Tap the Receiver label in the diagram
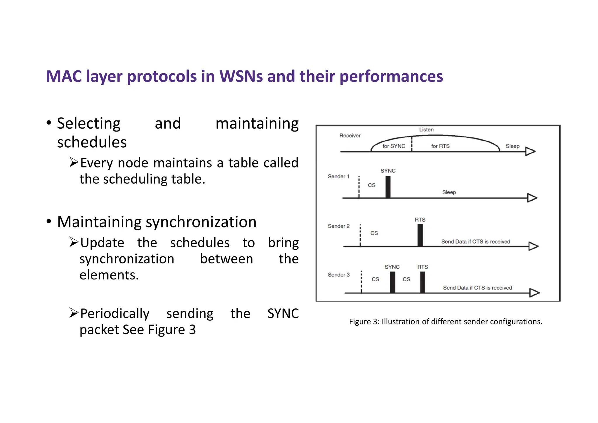point(350,136)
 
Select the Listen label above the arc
point(426,130)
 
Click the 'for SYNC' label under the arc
point(394,146)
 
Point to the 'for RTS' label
point(440,146)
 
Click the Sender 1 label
point(338,177)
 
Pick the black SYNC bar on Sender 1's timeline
point(388,187)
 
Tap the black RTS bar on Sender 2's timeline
point(420,235)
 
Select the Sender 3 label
point(338,275)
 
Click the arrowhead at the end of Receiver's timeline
point(530,151)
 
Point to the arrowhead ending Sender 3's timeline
point(534,293)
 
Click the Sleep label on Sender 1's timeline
point(449,192)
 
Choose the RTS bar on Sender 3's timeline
point(423,282)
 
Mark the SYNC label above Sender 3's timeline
point(392,267)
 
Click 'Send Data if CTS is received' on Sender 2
point(475,242)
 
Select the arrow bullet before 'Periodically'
point(74,313)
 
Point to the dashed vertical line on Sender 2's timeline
point(360,235)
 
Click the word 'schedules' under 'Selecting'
point(92,143)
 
